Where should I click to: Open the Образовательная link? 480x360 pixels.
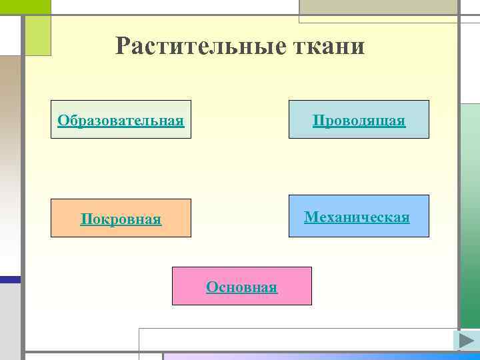point(121,121)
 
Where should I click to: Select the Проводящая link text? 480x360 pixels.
point(359,121)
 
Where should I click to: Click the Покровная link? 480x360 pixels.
point(121,219)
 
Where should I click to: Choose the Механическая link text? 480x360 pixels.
point(357,217)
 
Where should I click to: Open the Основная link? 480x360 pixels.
point(242,287)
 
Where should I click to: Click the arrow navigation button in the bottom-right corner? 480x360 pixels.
point(466,340)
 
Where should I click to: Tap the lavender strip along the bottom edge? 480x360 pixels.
point(320,357)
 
